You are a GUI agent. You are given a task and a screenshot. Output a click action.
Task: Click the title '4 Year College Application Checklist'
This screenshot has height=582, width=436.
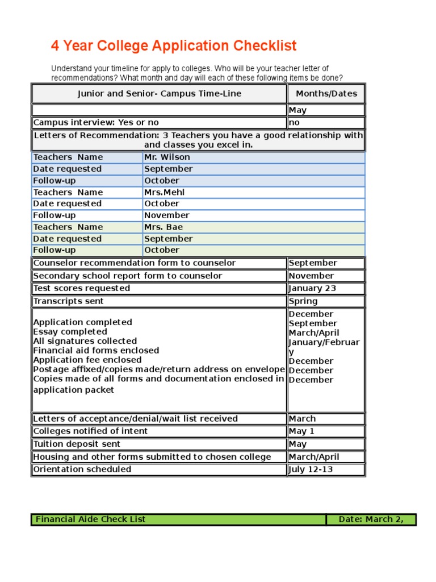pos(174,46)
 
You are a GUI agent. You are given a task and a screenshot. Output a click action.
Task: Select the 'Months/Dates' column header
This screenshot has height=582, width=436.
pos(326,94)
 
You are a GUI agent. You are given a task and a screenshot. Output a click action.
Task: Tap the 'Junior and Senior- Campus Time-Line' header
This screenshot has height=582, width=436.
pos(159,94)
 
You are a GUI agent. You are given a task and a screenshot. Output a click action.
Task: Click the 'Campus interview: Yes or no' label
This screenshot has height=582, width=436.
pos(96,123)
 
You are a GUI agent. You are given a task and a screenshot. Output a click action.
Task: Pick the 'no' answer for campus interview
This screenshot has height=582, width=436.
pos(294,123)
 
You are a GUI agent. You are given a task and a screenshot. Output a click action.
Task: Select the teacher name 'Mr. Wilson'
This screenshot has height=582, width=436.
pos(167,157)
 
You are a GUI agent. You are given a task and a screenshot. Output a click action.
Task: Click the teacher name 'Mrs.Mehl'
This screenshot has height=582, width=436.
pos(164,192)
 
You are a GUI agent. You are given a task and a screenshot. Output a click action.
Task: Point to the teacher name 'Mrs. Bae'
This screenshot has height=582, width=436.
pos(163,227)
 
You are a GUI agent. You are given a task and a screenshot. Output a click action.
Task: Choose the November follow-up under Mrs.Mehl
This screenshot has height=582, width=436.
pos(166,215)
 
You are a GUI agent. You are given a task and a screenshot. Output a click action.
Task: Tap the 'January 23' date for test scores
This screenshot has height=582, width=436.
pos(312,288)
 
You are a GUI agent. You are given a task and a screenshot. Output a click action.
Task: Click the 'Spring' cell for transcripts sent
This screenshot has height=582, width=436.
pos(303,301)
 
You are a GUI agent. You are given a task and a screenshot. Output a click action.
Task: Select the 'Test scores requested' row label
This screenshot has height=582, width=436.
pos(81,288)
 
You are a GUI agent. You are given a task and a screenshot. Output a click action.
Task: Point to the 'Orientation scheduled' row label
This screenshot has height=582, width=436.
pos(82,469)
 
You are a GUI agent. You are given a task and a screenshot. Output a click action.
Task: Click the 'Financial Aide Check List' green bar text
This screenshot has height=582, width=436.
pos(90,519)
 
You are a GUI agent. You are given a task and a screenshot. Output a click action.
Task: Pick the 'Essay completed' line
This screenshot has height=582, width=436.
pos(70,332)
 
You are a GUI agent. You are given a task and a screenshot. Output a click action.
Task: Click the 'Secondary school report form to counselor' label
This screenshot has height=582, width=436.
pos(128,276)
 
